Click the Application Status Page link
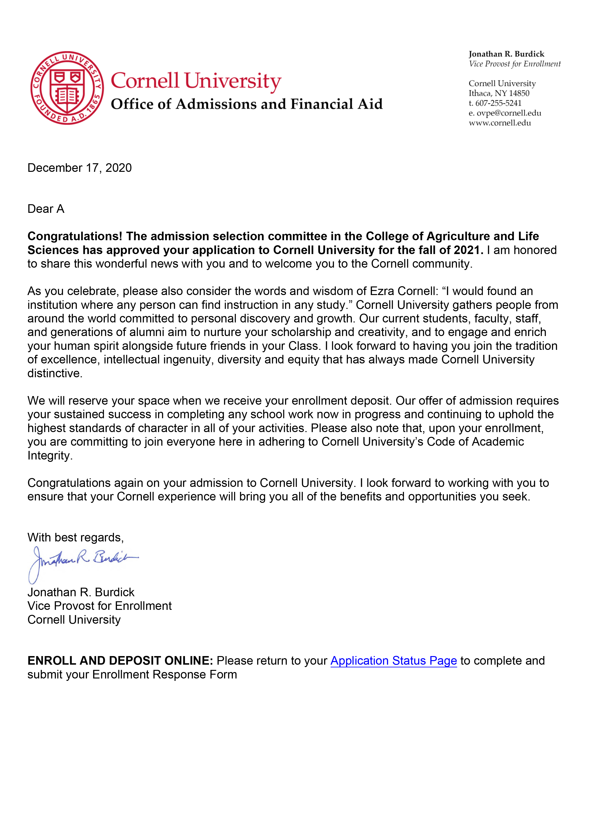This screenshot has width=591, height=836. pyautogui.click(x=393, y=661)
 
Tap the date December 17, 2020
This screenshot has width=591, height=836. pyautogui.click(x=79, y=168)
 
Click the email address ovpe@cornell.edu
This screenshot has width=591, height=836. pyautogui.click(x=509, y=113)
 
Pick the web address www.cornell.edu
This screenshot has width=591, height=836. pyautogui.click(x=499, y=123)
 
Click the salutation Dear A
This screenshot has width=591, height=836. pyautogui.click(x=46, y=209)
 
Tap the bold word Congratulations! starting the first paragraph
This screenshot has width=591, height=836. pyautogui.click(x=75, y=236)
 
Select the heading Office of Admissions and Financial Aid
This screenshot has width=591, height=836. pyautogui.click(x=246, y=104)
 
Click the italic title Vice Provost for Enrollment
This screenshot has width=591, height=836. pyautogui.click(x=515, y=64)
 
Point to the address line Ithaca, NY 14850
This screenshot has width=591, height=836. pyautogui.click(x=499, y=93)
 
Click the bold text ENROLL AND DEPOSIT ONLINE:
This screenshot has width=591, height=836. pyautogui.click(x=120, y=661)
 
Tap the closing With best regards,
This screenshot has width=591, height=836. pyautogui.click(x=75, y=537)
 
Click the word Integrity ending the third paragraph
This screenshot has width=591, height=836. pyautogui.click(x=50, y=455)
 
